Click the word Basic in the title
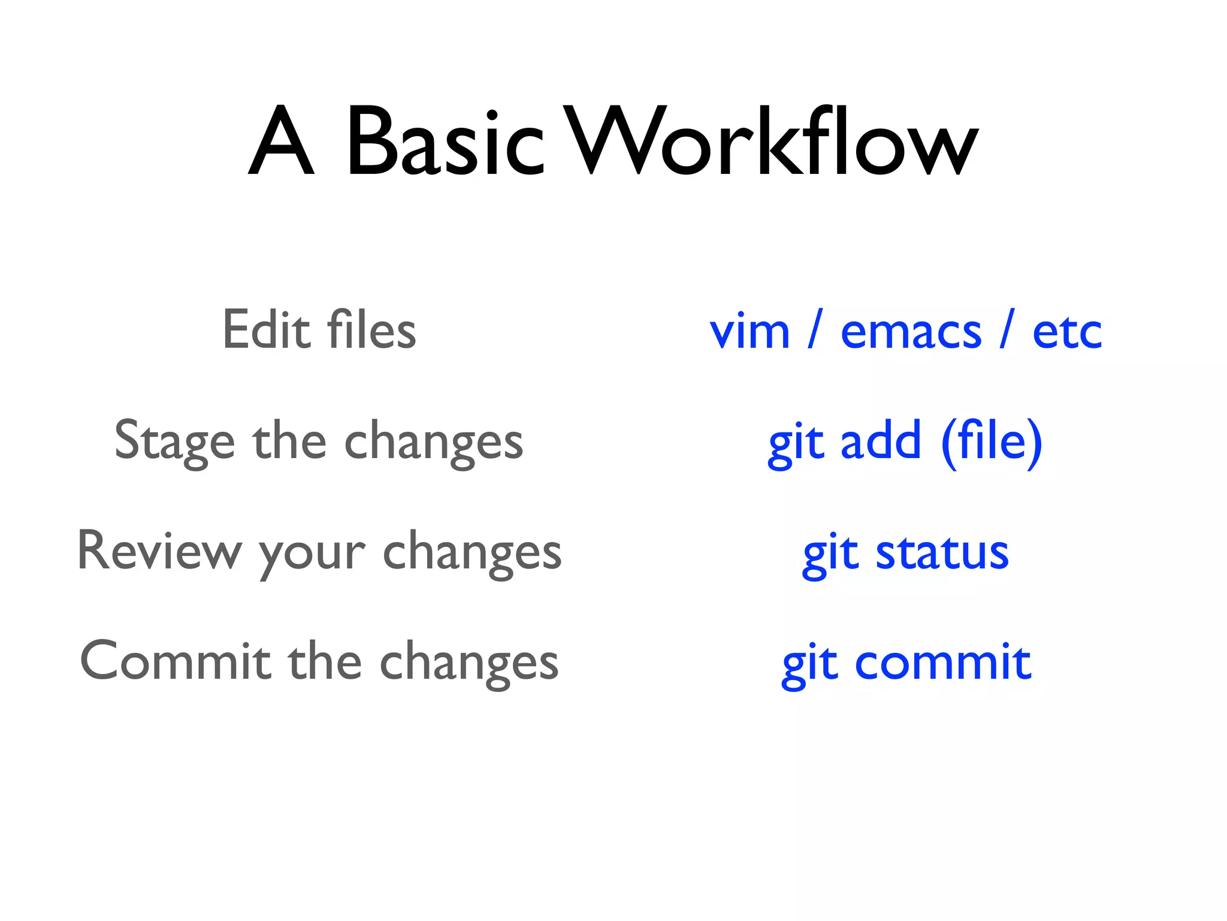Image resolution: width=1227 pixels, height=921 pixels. point(445,142)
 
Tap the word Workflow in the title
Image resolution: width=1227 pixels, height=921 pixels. point(771,142)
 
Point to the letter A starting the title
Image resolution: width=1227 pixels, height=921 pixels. point(282,142)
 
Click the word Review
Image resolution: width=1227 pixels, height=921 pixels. point(159,552)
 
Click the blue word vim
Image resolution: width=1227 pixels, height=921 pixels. point(750,332)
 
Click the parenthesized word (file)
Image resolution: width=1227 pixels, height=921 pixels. point(992,443)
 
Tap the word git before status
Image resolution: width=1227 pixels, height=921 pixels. point(829,555)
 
